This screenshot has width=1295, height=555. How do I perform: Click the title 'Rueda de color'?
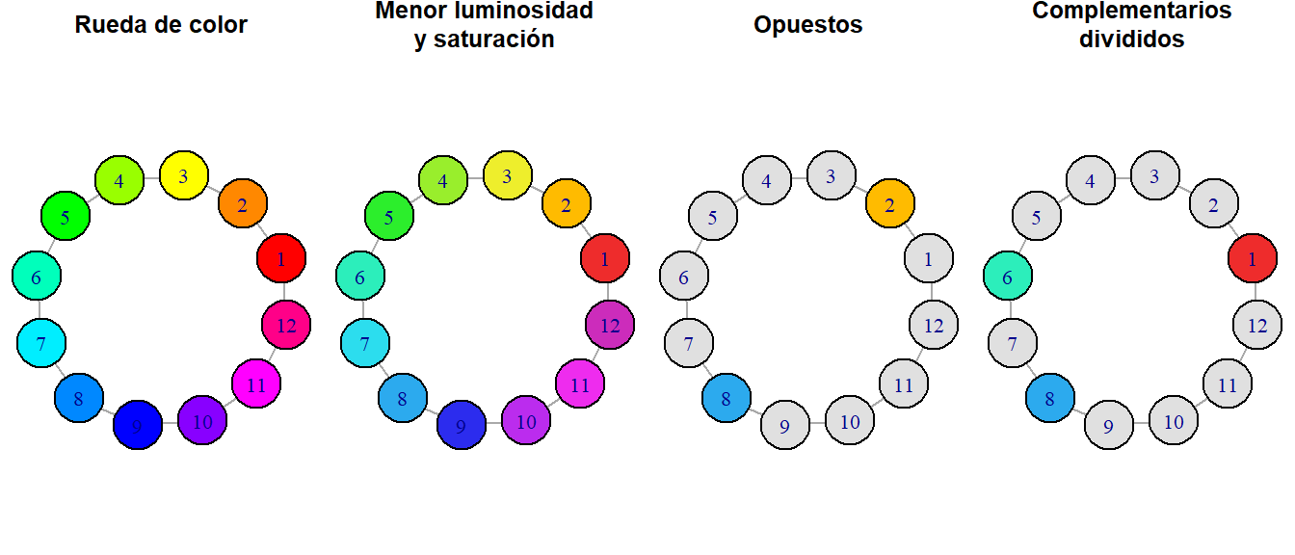(x=161, y=25)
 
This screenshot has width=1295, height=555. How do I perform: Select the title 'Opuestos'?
(x=807, y=25)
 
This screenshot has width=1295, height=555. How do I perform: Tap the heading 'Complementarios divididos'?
(x=1131, y=25)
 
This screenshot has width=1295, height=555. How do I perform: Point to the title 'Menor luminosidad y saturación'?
(x=484, y=25)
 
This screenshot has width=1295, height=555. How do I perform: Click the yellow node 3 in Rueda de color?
(x=183, y=175)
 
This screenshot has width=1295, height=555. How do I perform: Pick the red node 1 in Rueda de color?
(x=281, y=258)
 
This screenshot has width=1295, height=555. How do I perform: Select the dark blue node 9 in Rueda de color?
(x=138, y=426)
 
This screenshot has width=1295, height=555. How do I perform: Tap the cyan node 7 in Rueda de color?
(x=41, y=342)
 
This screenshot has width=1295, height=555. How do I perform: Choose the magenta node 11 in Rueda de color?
(x=256, y=384)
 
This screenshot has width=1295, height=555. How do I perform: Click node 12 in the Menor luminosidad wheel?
(x=610, y=325)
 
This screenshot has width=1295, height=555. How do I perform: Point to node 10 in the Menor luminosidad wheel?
(x=526, y=420)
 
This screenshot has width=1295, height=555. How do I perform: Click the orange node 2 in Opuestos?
(x=890, y=204)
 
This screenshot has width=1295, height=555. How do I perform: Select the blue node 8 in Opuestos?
(x=727, y=398)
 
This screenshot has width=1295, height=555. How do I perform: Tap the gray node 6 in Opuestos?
(x=684, y=277)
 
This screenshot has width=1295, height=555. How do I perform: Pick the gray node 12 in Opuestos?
(x=934, y=325)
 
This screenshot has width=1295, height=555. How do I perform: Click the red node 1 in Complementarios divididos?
(x=1253, y=258)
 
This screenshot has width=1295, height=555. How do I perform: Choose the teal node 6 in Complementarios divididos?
(x=1008, y=277)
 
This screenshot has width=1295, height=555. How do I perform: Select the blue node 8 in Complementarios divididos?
(x=1050, y=398)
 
